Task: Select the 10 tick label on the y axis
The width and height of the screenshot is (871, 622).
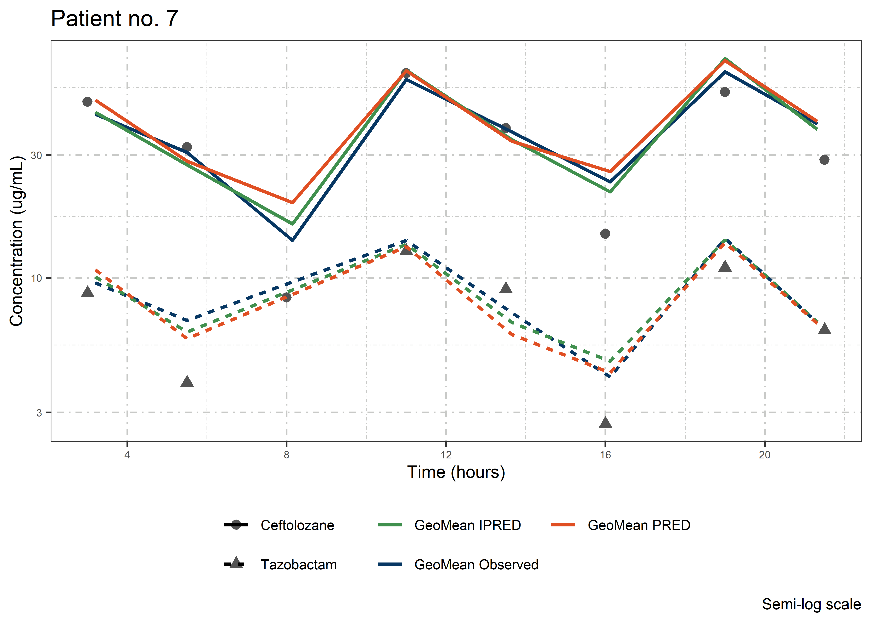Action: click(36, 278)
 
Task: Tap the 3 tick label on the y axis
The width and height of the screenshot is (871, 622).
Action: click(39, 413)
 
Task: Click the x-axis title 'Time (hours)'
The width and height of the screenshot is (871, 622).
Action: click(456, 472)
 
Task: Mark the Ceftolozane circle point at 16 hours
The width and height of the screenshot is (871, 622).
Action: click(605, 234)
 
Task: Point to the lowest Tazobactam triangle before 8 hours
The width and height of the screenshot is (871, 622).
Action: click(187, 381)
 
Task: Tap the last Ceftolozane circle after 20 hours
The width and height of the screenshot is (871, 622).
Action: click(824, 160)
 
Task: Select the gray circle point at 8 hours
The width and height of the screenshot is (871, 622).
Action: click(287, 297)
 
